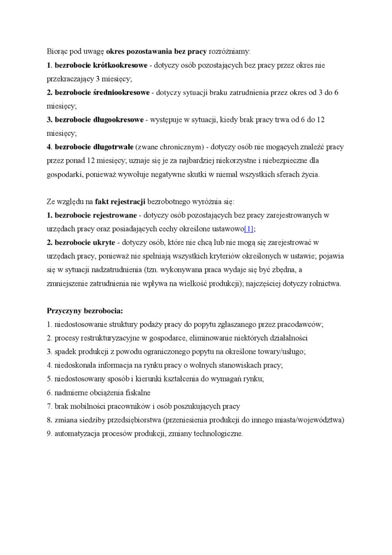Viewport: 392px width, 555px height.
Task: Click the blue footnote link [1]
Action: [249, 229]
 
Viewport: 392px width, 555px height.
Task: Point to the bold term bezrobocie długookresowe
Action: [99, 120]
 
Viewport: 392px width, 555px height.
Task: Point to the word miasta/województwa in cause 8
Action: [308, 420]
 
